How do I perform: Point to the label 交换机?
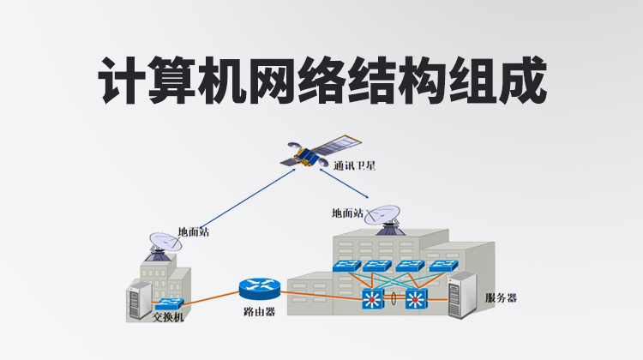coord(168,318)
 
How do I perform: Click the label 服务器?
coord(501,297)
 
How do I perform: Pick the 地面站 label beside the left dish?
coord(193,231)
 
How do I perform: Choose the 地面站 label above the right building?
coord(347,213)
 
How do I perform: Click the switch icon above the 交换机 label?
coord(169,303)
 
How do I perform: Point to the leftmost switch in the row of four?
coord(346,267)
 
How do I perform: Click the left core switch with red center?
coord(374,299)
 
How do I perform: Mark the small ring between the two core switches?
coord(395,300)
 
